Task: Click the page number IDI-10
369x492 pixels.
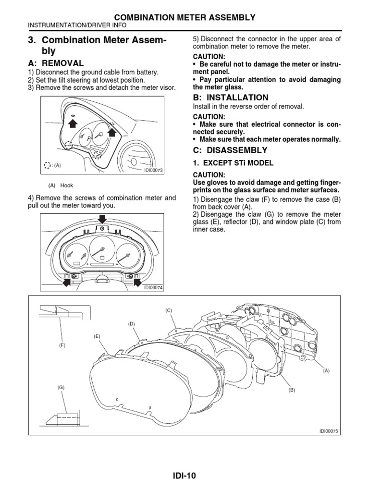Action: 184,476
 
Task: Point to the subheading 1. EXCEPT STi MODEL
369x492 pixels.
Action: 233,163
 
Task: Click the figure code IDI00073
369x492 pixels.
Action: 154,170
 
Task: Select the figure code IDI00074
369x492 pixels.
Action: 154,288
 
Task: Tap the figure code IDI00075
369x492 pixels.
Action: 329,431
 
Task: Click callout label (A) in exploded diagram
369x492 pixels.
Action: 327,370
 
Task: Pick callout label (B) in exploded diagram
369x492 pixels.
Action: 291,390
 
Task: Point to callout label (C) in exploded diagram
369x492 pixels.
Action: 169,310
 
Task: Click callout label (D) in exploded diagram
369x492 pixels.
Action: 131,324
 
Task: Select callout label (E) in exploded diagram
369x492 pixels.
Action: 97,336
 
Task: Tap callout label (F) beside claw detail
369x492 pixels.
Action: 62,345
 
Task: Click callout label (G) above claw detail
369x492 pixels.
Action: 61,387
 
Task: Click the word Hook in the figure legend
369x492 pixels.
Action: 67,185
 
